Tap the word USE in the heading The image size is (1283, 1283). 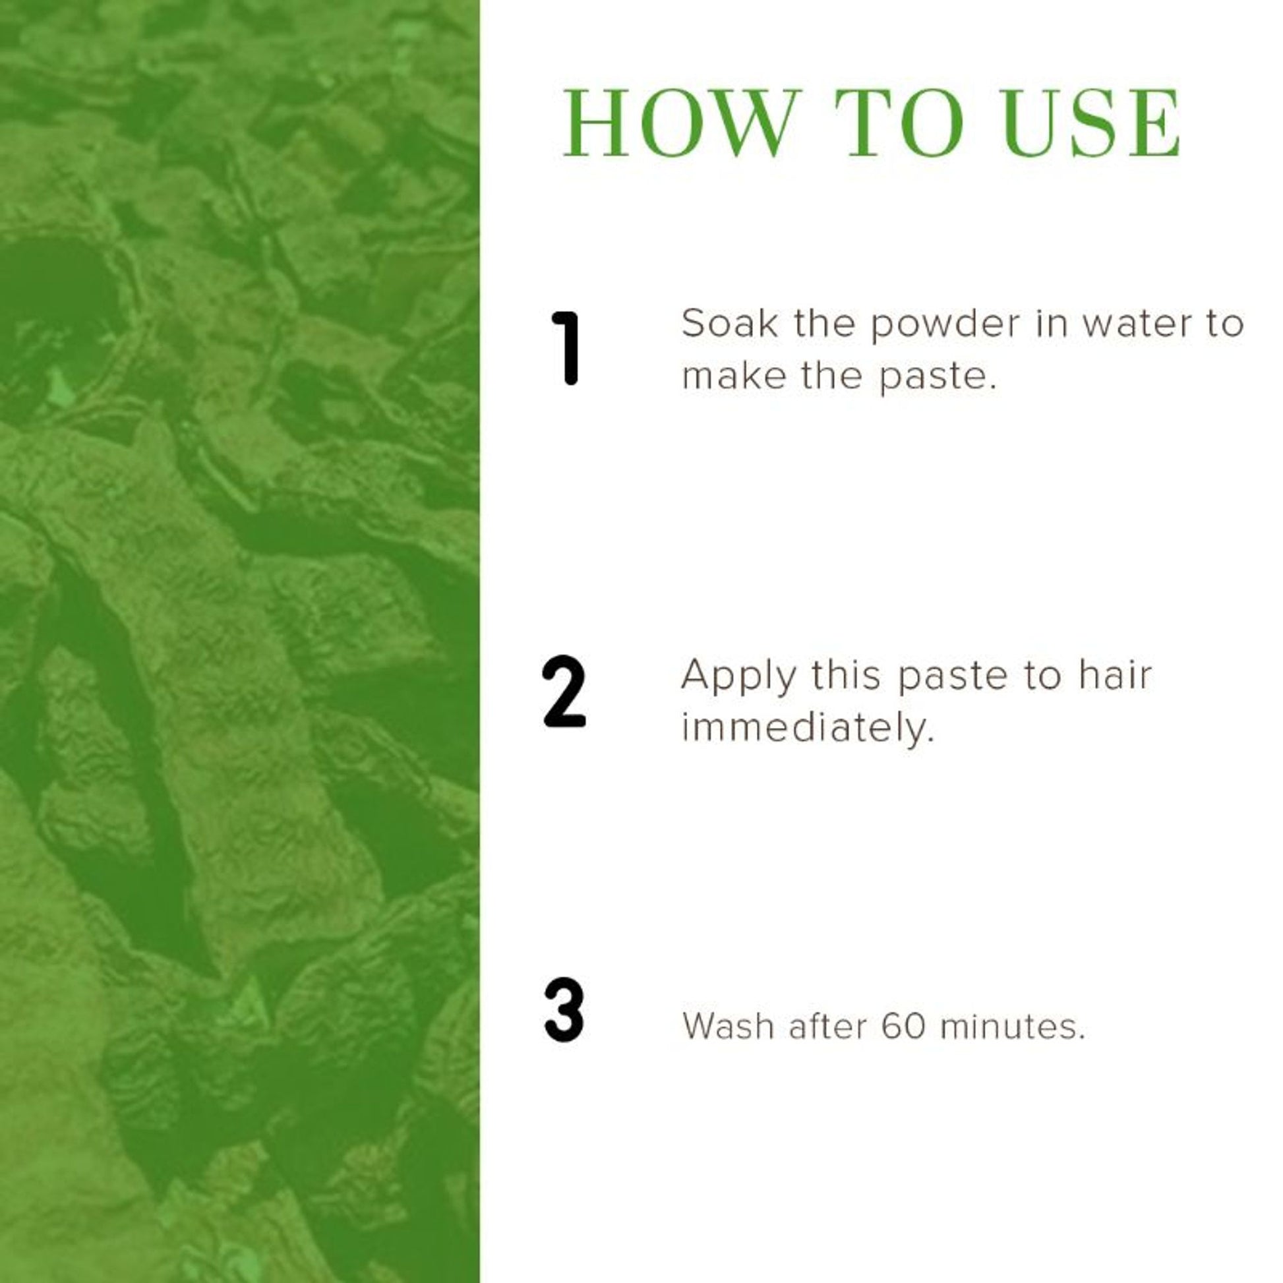(1092, 123)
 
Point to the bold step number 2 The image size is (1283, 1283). (564, 693)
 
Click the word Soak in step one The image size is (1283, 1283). (729, 324)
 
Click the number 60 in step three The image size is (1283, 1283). (903, 1028)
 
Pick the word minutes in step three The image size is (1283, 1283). (1013, 1028)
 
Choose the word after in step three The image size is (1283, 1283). (828, 1028)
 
